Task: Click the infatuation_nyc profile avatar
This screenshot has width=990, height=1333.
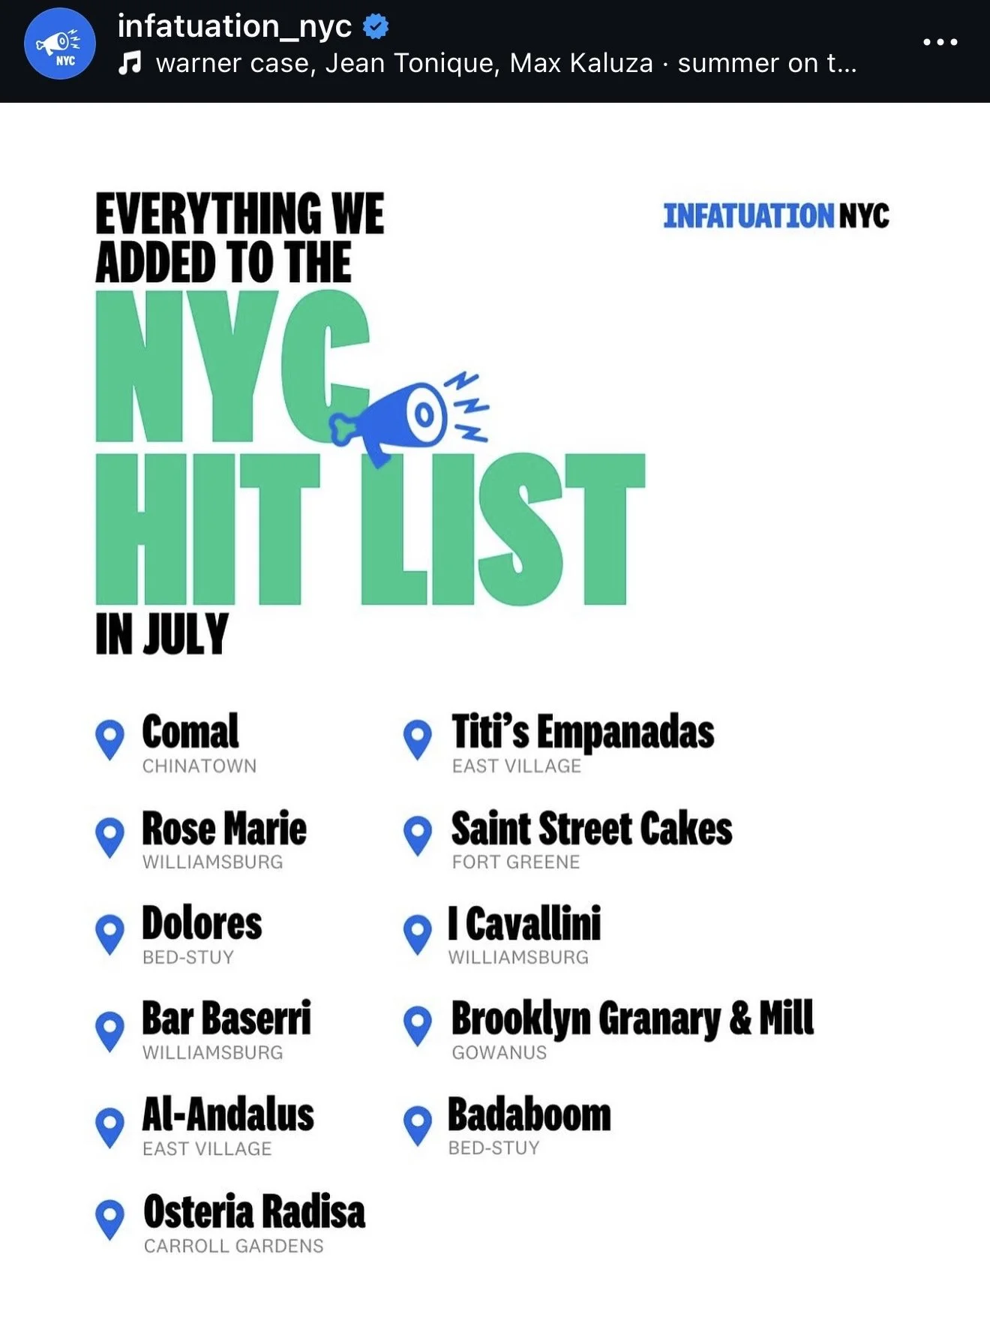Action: point(60,44)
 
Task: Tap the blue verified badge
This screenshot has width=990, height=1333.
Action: point(376,27)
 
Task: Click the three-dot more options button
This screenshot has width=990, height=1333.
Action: point(940,42)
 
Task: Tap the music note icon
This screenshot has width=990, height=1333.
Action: point(130,63)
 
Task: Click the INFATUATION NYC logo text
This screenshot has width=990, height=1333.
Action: point(776,216)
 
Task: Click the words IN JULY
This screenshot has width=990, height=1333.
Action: point(162,634)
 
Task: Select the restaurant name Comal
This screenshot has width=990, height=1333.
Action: point(190,732)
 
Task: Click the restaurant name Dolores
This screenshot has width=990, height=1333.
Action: point(202,923)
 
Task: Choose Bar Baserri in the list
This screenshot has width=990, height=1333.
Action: point(226,1019)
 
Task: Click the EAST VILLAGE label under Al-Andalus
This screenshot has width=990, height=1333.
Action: point(207,1148)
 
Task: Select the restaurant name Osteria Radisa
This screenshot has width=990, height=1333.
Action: point(254,1211)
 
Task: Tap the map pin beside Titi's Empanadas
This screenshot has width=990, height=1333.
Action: point(418,739)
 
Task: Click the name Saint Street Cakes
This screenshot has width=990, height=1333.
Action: point(592,829)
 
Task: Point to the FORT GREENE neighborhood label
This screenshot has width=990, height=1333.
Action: point(516,862)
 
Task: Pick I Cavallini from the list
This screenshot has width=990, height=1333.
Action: point(525,923)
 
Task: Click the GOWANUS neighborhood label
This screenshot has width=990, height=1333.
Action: point(499,1052)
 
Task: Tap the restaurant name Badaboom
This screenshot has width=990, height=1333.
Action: point(529,1115)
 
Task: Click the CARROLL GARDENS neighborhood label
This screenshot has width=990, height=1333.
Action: point(234,1246)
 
